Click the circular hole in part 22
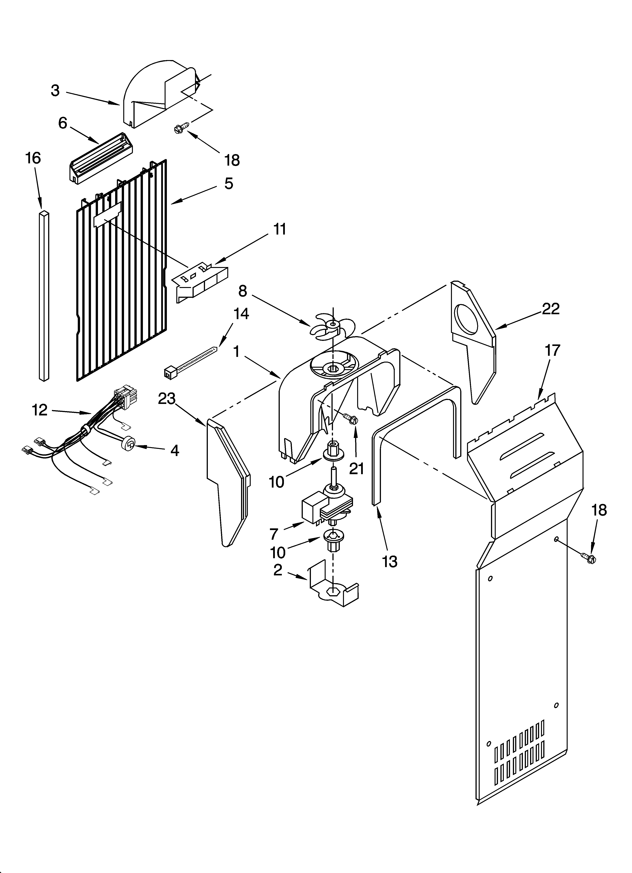pos(466,320)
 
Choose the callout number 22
pos(550,309)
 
